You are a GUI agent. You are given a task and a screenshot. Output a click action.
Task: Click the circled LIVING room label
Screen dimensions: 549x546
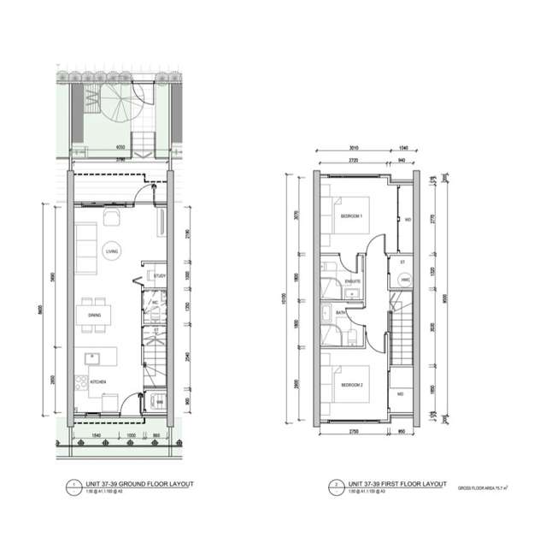[x=110, y=251]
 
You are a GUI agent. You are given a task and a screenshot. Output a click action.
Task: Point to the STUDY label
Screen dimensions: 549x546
[x=159, y=275]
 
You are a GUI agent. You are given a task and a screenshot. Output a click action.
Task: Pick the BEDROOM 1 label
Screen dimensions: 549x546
[x=352, y=216]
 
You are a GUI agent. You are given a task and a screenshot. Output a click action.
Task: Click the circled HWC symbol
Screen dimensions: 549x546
[x=405, y=280]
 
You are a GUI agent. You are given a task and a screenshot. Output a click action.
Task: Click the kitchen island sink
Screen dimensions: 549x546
[x=90, y=355]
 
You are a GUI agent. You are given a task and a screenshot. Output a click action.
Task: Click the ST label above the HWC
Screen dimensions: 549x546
[x=401, y=263]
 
